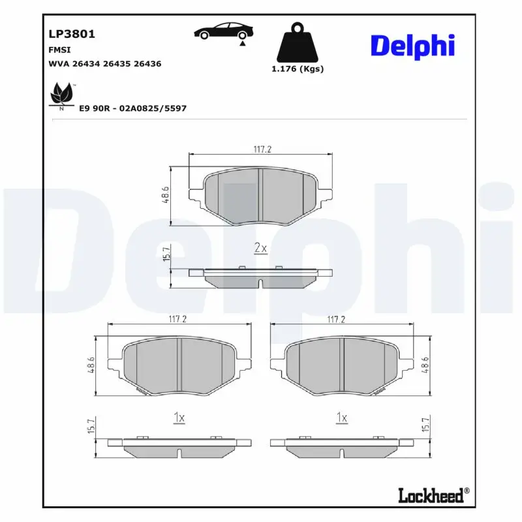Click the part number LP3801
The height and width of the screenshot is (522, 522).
click(x=68, y=34)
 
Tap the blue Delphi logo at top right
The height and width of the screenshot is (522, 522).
click(x=412, y=46)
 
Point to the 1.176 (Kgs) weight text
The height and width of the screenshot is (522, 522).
click(x=297, y=69)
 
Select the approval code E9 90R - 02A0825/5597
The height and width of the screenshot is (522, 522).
click(x=132, y=108)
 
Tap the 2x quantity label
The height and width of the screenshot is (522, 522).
click(x=260, y=248)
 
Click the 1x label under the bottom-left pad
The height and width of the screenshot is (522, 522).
click(x=179, y=418)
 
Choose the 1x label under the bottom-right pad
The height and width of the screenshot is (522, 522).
click(x=341, y=418)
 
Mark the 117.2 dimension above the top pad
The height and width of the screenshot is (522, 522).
click(x=262, y=149)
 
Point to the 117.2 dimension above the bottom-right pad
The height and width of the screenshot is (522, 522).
click(x=335, y=320)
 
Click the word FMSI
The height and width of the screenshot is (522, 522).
click(x=59, y=50)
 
